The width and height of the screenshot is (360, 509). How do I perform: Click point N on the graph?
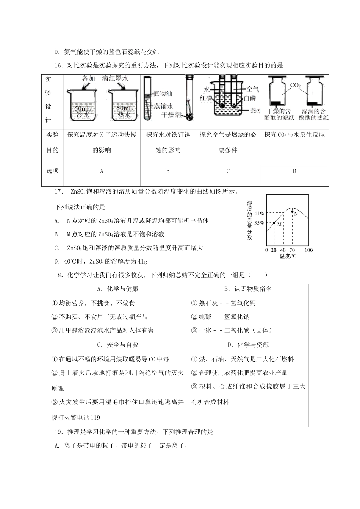click(x=292, y=212)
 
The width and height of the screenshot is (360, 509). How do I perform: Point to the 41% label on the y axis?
click(x=259, y=213)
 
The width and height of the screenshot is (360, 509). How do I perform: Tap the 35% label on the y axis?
click(x=259, y=223)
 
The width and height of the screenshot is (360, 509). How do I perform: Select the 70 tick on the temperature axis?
click(x=292, y=250)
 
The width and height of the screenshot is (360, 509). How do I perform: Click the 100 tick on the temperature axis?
click(x=308, y=250)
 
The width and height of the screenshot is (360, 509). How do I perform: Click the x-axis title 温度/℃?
click(x=288, y=256)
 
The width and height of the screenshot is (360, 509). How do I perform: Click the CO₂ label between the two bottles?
click(x=295, y=86)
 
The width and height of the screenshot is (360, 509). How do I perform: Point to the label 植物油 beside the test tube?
click(x=163, y=93)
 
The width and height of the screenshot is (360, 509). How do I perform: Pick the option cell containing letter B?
click(x=168, y=171)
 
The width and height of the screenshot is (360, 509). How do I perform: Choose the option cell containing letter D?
click(x=294, y=171)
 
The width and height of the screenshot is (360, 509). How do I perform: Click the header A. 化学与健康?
click(x=117, y=289)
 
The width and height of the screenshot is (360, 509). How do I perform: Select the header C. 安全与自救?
click(x=117, y=345)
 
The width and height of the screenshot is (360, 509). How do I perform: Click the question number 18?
click(x=58, y=275)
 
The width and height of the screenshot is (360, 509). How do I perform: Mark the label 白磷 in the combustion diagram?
click(x=250, y=98)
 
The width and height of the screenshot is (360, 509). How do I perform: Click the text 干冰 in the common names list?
click(x=205, y=330)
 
